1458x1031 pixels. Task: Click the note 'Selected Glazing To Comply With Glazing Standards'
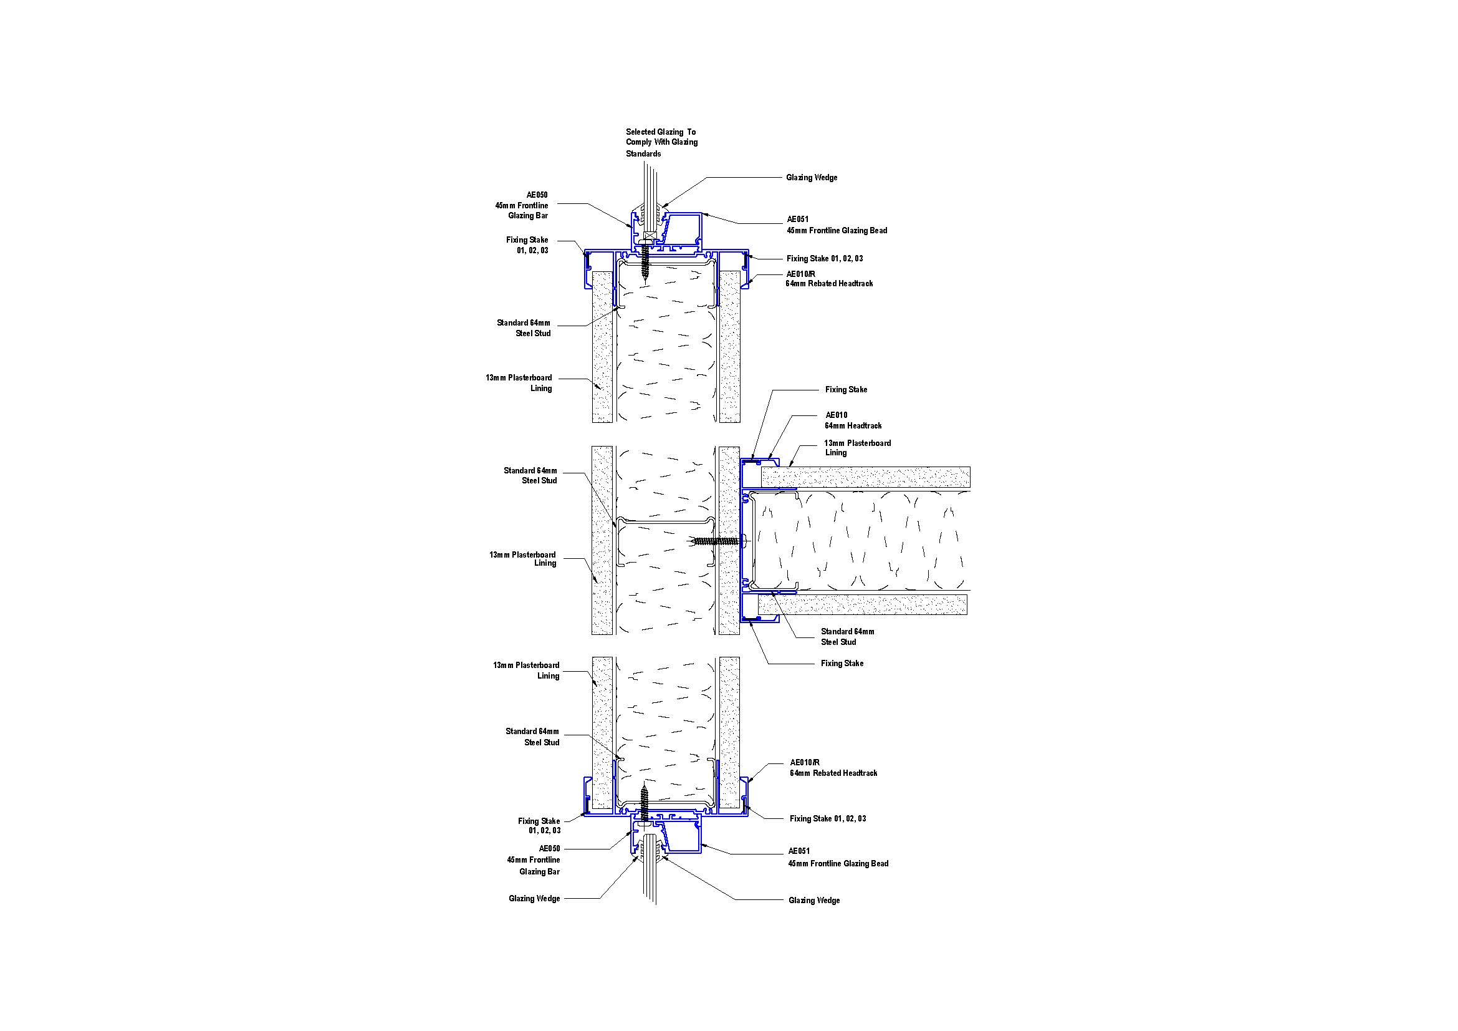(661, 142)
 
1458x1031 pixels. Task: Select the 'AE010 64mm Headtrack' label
(853, 420)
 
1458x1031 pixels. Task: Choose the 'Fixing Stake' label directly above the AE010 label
(846, 389)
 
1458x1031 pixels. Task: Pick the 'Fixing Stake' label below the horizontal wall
(842, 663)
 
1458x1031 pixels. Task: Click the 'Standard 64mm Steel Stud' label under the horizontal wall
(847, 637)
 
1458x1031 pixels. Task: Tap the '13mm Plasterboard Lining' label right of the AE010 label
(857, 448)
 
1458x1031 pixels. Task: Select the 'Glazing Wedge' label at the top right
(812, 178)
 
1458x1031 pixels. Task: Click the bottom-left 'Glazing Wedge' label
(534, 899)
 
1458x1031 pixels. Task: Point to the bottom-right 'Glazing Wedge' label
(813, 900)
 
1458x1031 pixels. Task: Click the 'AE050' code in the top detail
(537, 195)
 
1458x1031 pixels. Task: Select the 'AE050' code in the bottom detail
(549, 849)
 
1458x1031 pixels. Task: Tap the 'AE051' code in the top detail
(799, 219)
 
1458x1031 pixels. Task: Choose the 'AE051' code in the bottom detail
(799, 851)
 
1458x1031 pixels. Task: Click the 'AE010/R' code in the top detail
(801, 274)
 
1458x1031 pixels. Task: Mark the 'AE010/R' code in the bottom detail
(805, 762)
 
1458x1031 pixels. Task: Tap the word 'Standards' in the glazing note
(643, 153)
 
